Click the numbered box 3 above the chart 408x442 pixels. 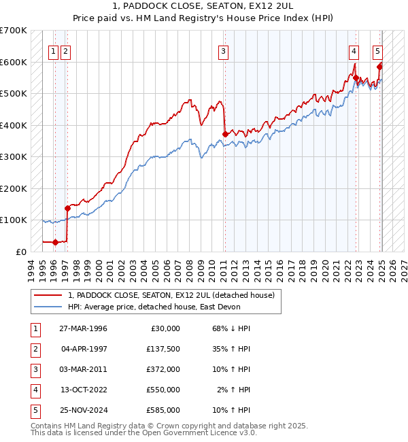pyautogui.click(x=223, y=50)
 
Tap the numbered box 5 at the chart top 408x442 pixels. pyautogui.click(x=377, y=50)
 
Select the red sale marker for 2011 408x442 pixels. pyautogui.click(x=224, y=134)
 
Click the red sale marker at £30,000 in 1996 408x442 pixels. pyautogui.click(x=55, y=242)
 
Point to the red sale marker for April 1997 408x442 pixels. pyautogui.click(x=67, y=208)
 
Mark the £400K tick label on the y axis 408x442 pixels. pyautogui.click(x=14, y=125)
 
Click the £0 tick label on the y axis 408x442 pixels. pyautogui.click(x=20, y=252)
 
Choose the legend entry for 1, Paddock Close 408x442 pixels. pyautogui.click(x=171, y=295)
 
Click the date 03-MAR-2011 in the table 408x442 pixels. pyautogui.click(x=84, y=369)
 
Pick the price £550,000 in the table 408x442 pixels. pyautogui.click(x=163, y=390)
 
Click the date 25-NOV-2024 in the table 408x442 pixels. pyautogui.click(x=84, y=410)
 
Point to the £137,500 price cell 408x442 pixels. pyautogui.click(x=163, y=349)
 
